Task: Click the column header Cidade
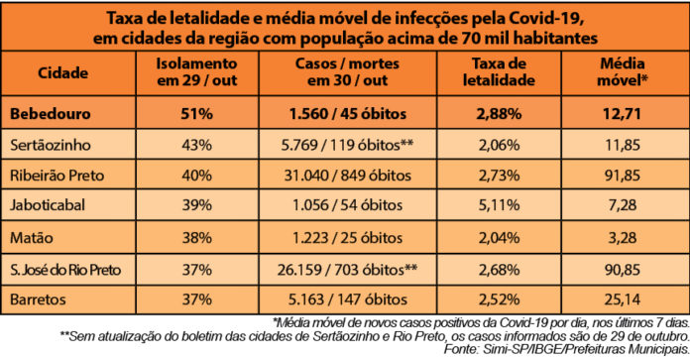[x=63, y=73]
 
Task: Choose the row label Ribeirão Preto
[x=63, y=178]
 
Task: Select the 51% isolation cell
[x=195, y=115]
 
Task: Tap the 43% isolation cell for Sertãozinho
[x=195, y=146]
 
